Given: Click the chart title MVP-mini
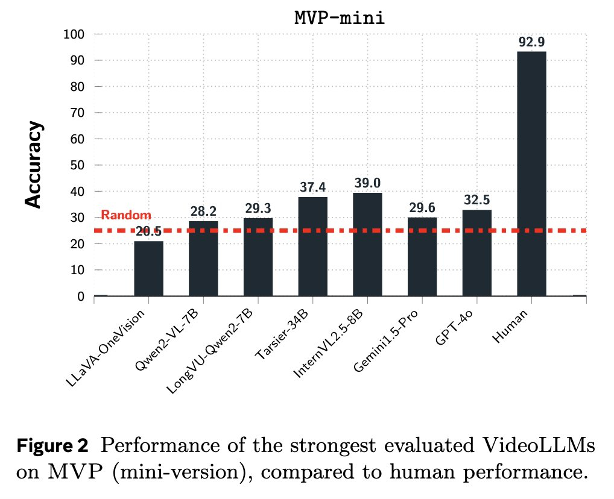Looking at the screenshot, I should point(340,17).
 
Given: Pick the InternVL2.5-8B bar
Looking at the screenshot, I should point(367,244).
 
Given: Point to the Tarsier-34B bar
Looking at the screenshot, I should point(312,246).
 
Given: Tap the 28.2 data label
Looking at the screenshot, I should point(203,212).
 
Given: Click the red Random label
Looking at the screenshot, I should point(125,215).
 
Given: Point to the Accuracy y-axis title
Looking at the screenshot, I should point(35,164).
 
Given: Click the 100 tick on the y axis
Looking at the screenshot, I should point(74,34).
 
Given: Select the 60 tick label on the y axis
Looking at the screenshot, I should point(77,139).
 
